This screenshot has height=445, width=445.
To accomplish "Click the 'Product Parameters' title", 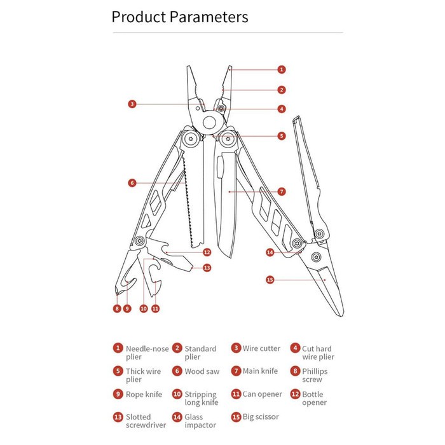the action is (180, 17).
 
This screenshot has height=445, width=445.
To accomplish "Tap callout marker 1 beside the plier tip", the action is (282, 69).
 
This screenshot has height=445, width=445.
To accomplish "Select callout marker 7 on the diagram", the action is (282, 191).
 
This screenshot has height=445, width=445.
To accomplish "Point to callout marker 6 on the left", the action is (132, 182).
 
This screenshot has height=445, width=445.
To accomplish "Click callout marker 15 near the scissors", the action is (270, 279).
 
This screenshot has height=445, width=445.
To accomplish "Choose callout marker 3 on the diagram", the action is (132, 104).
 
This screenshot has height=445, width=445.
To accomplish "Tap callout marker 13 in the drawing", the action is (207, 268).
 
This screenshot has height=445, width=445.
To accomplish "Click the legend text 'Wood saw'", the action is (202, 371).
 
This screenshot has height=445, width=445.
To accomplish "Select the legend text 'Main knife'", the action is (260, 371).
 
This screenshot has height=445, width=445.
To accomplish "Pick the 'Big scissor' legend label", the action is (261, 416).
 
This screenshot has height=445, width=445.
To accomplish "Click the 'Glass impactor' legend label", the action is (200, 421).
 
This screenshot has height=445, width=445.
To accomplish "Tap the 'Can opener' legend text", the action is (262, 394).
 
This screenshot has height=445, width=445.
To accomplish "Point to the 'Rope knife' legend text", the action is (144, 394).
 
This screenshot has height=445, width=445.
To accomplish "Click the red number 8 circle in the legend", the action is (295, 371).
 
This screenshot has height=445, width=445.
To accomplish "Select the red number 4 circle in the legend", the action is (295, 348).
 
